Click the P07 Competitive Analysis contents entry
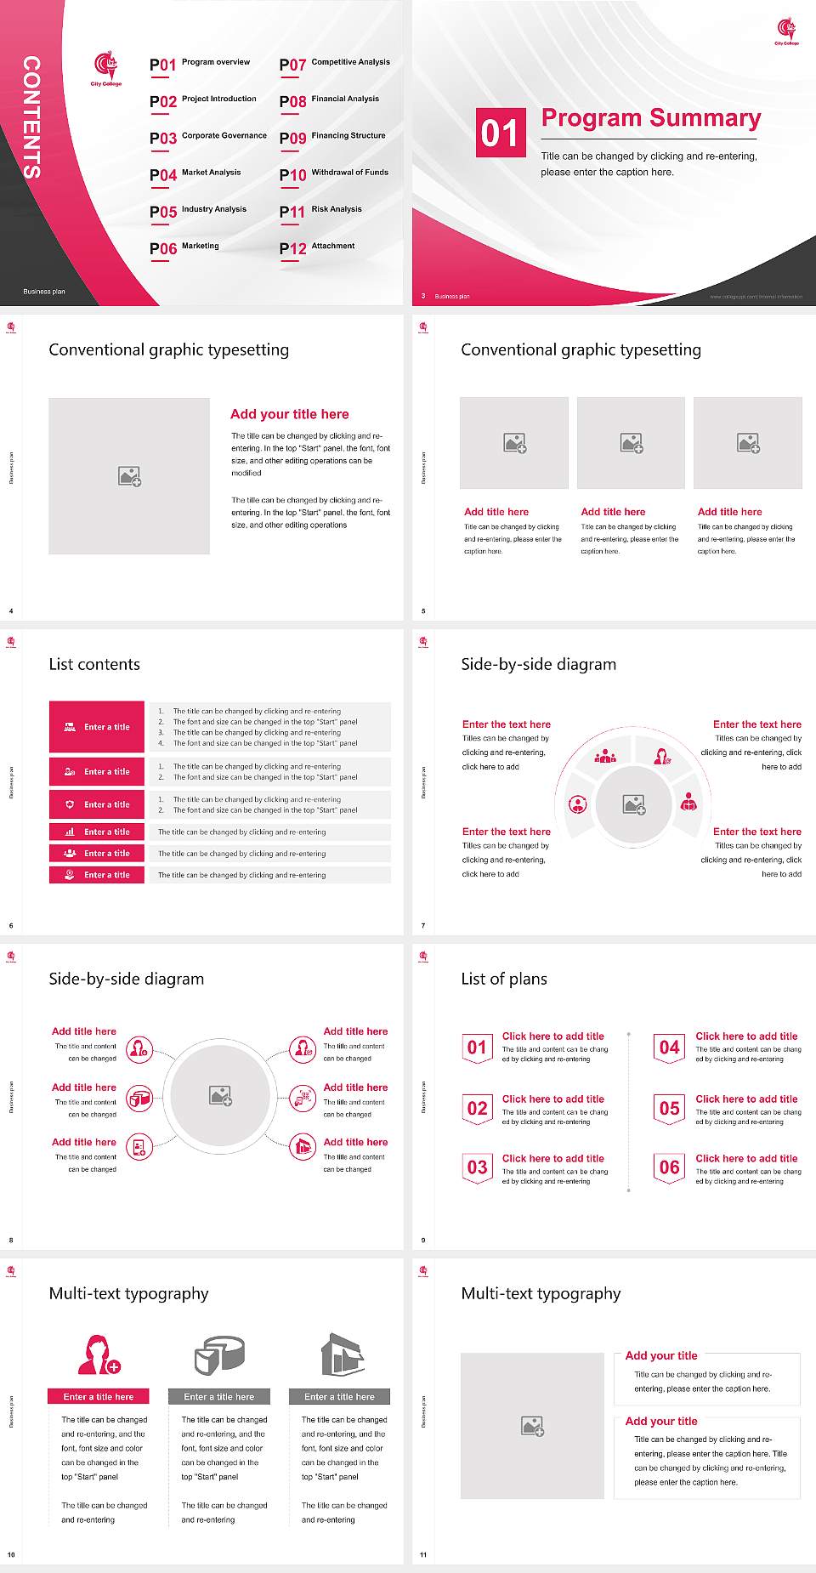point(334,64)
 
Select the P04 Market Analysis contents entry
point(195,174)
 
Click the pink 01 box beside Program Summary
point(500,133)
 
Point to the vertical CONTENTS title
point(31,116)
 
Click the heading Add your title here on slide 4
point(289,414)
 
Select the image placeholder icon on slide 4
point(129,476)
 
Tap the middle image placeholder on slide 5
point(631,443)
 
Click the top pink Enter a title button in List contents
point(97,727)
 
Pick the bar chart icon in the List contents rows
point(70,832)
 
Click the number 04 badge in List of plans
point(670,1048)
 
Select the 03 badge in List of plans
point(477,1167)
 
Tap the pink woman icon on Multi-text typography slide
point(99,1354)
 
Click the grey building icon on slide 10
point(343,1354)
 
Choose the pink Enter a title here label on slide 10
point(99,1396)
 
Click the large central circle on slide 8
point(221,1096)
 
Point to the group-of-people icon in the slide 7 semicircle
point(605,756)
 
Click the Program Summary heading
point(650,118)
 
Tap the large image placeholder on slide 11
point(532,1425)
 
